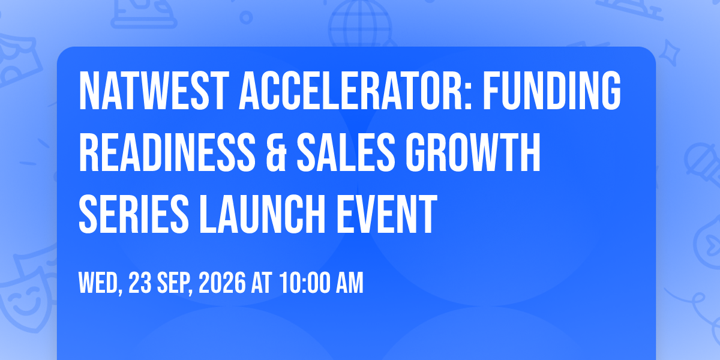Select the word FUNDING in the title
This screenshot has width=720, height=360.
click(551, 91)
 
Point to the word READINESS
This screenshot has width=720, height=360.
click(167, 152)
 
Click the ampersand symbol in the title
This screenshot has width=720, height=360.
click(276, 152)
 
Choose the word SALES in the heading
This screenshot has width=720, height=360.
click(346, 152)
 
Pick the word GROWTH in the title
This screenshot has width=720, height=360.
click(473, 152)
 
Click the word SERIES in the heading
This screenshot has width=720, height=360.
click(134, 214)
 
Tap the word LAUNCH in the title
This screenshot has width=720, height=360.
click(263, 214)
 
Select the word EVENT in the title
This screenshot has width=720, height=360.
click(386, 214)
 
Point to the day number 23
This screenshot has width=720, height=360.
click(140, 283)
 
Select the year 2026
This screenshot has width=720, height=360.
click(222, 283)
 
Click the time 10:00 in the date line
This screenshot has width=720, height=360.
click(305, 283)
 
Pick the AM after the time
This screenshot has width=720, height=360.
click(350, 283)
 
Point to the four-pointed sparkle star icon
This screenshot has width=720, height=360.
click(669, 52)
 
